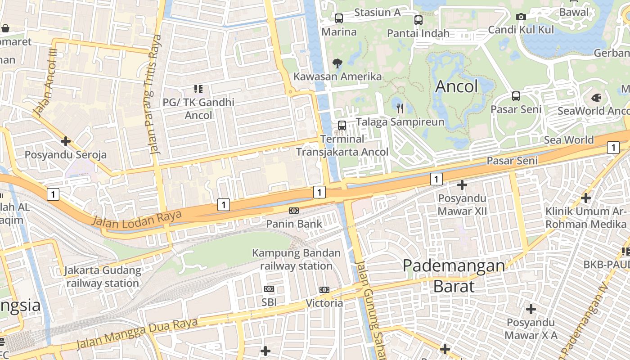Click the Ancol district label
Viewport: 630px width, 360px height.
pos(456,86)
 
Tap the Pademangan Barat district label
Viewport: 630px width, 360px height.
pos(454,275)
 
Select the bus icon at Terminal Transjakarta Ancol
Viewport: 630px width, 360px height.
pos(342,126)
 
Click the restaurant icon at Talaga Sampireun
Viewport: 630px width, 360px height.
pos(400,108)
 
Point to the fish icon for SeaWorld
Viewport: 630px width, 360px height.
pos(596,97)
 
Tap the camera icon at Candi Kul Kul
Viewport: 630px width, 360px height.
pos(521,17)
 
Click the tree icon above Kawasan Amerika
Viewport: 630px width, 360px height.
pos(337,63)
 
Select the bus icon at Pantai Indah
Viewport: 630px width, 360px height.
pos(418,20)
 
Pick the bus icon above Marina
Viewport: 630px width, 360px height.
pos(339,18)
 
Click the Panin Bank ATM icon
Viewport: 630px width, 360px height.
pos(294,211)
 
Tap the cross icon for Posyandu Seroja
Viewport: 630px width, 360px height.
pos(66,141)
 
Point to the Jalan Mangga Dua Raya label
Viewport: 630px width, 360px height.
pos(137,333)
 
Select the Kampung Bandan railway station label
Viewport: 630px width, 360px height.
pos(296,259)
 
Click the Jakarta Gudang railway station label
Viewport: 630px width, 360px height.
pos(103,277)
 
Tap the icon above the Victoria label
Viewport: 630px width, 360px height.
pos(324,290)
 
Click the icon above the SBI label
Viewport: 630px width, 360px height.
pos(269,289)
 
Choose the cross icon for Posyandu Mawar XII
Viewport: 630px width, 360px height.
pos(462,185)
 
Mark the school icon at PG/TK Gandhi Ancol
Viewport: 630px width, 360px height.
pos(198,89)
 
